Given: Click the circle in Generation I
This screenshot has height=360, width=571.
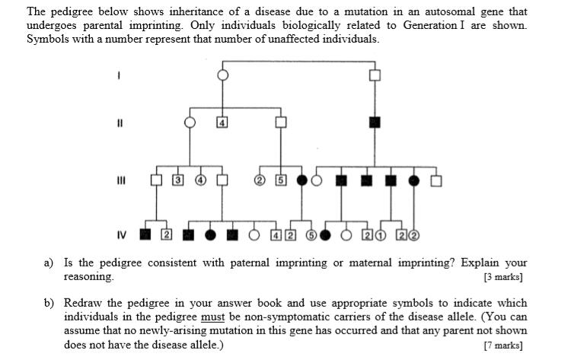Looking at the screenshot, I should tap(223, 75).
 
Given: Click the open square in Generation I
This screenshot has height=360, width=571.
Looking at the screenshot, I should tap(374, 75).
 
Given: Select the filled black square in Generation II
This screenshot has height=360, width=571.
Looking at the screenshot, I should tap(374, 122).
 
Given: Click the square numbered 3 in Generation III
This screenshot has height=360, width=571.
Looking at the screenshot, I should tap(177, 180).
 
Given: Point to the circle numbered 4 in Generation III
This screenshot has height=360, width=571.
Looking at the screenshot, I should tap(201, 180).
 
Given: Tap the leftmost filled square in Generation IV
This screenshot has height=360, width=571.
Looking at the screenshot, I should tap(145, 234).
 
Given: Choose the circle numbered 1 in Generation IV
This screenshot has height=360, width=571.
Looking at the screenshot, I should tap(379, 234).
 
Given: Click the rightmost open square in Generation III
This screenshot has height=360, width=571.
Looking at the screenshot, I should tap(436, 180).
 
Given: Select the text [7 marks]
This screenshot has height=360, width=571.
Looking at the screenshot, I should tap(505, 345).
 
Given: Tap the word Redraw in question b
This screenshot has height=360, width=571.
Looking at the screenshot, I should tap(82, 303).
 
